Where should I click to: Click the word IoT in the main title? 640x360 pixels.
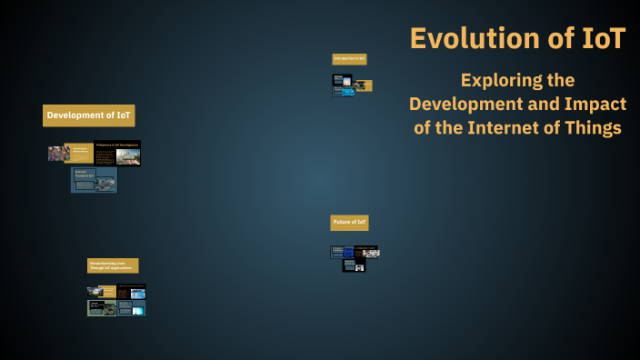(x=597, y=38)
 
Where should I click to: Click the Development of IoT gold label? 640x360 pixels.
(x=89, y=115)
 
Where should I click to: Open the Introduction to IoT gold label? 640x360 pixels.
(x=349, y=59)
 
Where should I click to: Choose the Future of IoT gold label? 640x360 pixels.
(x=349, y=223)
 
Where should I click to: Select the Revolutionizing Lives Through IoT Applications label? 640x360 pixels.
(x=113, y=265)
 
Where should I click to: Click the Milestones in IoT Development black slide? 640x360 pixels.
(x=117, y=153)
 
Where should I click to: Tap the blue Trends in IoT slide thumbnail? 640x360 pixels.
(x=95, y=180)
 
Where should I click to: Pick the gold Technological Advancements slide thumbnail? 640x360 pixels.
(x=82, y=153)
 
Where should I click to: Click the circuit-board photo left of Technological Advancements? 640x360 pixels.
(x=59, y=153)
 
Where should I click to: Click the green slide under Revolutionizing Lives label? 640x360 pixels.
(x=101, y=308)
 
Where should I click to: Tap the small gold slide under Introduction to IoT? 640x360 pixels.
(x=363, y=85)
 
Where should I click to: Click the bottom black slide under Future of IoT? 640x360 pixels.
(x=354, y=266)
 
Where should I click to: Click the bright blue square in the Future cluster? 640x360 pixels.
(x=371, y=252)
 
